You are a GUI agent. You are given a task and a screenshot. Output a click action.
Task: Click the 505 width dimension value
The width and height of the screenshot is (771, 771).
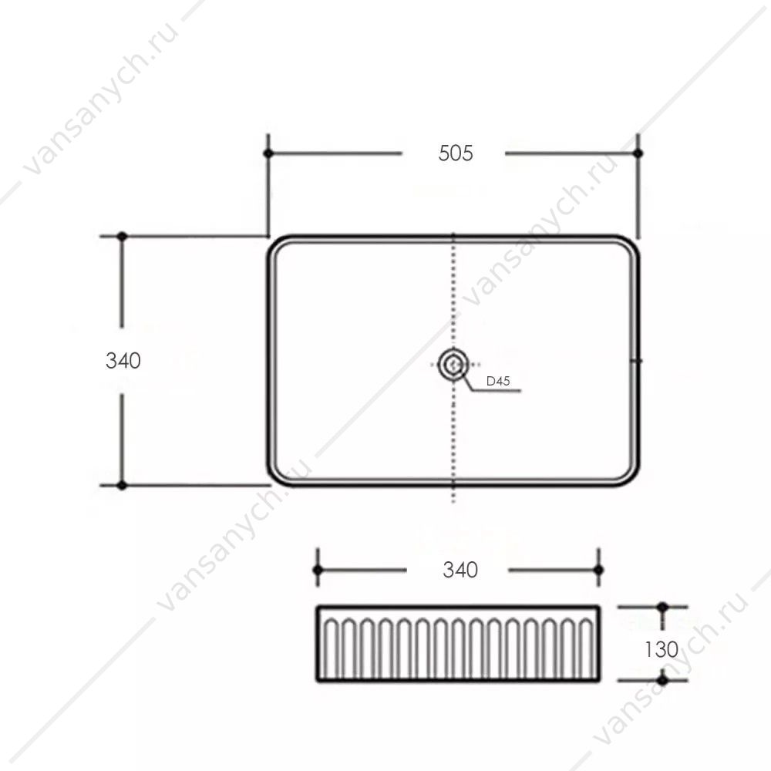coord(456,153)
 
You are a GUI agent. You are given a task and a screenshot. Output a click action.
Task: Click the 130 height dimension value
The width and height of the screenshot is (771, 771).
coord(662,649)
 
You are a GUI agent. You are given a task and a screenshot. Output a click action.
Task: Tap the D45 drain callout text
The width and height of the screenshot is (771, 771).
coord(497,381)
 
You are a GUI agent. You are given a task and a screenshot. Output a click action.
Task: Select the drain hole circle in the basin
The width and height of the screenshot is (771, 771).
coord(453,365)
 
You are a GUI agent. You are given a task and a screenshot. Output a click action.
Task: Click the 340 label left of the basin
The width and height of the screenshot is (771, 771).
coord(123,361)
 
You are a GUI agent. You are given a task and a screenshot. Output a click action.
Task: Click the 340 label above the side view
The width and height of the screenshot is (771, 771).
coord(460,570)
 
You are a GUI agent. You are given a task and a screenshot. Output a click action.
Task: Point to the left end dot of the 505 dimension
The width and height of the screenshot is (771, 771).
coord(268,153)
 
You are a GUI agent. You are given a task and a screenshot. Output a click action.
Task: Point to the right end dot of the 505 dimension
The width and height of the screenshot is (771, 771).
coord(638,153)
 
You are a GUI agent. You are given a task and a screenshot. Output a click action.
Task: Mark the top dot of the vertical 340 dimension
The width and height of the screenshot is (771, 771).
coord(122,237)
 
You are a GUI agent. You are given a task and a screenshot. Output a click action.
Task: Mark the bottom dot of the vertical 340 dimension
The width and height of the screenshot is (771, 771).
coord(122,485)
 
